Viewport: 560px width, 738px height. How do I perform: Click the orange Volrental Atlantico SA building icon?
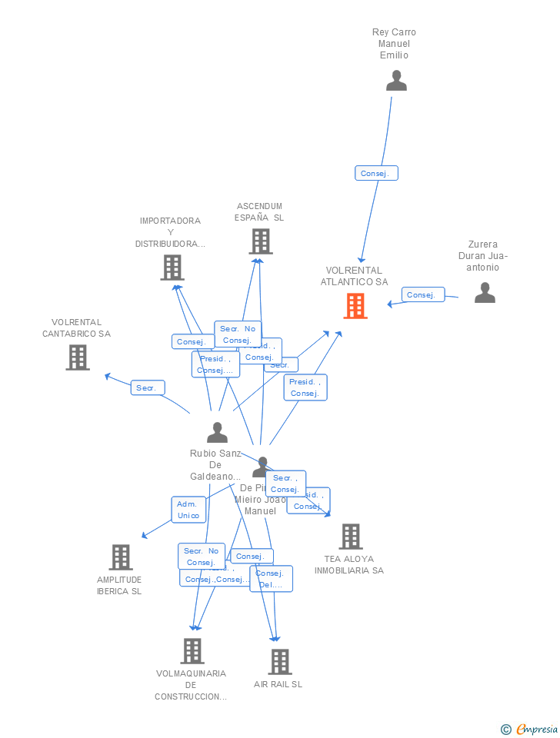355,306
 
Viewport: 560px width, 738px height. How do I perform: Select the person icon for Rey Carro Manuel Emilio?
396,81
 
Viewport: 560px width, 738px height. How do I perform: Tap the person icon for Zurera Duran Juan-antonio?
485,293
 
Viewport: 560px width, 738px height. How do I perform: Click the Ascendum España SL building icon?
261,241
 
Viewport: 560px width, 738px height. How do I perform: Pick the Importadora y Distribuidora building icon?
172,268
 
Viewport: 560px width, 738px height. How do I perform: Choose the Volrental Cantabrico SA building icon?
77,357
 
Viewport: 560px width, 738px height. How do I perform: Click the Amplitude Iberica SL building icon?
120,557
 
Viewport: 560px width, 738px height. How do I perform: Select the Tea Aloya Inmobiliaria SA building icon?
350,537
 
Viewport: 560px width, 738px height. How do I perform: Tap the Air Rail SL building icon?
279,662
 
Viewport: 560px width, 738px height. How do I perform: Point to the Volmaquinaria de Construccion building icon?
192,651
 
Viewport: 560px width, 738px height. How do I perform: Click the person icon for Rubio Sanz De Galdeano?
217,433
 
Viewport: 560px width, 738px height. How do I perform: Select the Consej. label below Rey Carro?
376,174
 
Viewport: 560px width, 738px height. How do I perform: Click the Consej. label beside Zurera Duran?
422,294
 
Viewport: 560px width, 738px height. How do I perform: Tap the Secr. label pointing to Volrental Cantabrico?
147,388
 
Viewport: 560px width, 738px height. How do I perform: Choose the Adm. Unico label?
188,509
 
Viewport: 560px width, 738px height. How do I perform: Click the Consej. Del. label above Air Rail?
271,579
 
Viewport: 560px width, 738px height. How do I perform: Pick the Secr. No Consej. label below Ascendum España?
238,334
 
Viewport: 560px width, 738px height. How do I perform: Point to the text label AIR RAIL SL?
278,684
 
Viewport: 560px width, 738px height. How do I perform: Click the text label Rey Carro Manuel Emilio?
394,44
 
